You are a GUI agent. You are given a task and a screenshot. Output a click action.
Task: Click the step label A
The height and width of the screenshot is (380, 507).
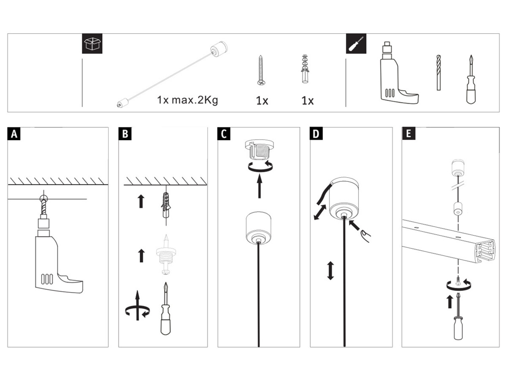coord(14,134)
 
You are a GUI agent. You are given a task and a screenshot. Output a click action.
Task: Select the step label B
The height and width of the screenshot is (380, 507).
coord(125,134)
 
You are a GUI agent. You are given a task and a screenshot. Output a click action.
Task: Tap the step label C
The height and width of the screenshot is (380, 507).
coord(224,134)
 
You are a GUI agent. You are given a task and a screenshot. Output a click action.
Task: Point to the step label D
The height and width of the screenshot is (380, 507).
coord(316,134)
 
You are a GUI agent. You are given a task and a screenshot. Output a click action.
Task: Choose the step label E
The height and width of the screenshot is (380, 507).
coord(408,134)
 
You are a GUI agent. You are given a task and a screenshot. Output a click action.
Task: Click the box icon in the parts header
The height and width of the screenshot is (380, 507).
coord(92,44)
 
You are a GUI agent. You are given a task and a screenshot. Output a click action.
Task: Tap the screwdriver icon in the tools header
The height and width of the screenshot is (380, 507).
coord(356,44)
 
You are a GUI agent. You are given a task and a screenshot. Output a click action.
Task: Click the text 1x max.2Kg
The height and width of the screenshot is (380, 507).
coord(187,100)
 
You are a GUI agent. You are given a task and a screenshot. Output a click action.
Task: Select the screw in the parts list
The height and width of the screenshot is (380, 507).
coord(261,70)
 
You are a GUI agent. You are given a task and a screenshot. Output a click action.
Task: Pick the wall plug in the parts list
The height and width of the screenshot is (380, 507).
coord(304,69)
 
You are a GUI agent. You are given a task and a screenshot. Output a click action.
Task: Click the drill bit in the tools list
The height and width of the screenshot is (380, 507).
coord(438,72)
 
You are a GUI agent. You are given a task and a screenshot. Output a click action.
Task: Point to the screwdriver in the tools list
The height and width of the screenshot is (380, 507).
coord(471,81)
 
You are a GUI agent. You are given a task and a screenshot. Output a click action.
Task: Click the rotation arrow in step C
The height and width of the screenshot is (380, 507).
coord(259,167)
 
